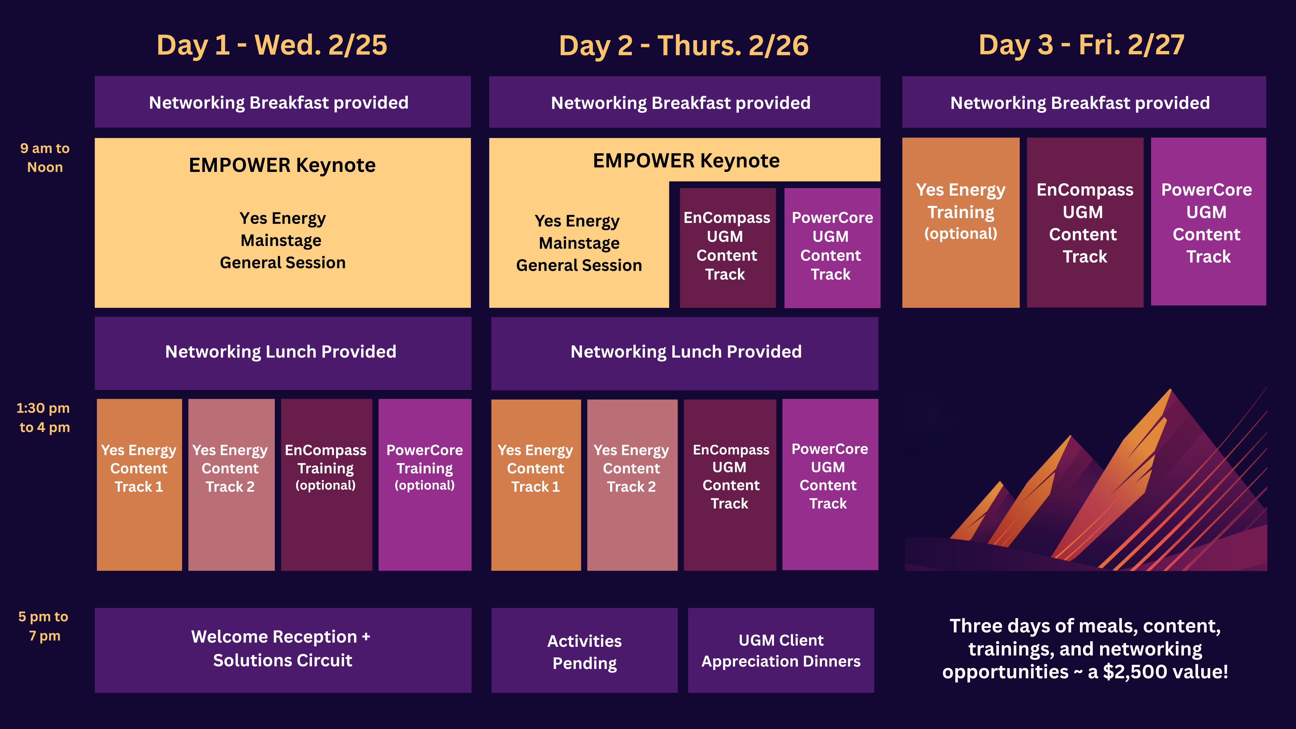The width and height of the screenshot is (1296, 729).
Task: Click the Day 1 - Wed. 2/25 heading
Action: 272,45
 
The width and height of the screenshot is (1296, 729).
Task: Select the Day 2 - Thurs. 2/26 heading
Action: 684,46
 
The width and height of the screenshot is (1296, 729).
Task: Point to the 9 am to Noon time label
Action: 45,157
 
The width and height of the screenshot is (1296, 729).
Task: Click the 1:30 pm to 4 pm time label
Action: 43,418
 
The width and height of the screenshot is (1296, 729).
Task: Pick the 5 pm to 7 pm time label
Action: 44,626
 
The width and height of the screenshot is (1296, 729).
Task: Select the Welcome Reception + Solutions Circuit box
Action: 283,650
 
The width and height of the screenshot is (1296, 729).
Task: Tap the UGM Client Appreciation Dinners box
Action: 781,650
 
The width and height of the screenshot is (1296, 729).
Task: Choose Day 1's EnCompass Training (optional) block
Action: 326,484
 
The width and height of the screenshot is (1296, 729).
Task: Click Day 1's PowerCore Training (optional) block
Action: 424,484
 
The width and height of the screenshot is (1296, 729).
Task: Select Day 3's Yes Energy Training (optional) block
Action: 960,222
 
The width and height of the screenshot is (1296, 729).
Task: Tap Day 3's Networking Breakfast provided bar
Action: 1084,102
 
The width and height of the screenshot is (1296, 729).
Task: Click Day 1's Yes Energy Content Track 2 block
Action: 231,484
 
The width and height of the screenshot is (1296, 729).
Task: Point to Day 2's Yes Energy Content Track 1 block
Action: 536,484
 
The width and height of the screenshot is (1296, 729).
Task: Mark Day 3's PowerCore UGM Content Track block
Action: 1208,221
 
